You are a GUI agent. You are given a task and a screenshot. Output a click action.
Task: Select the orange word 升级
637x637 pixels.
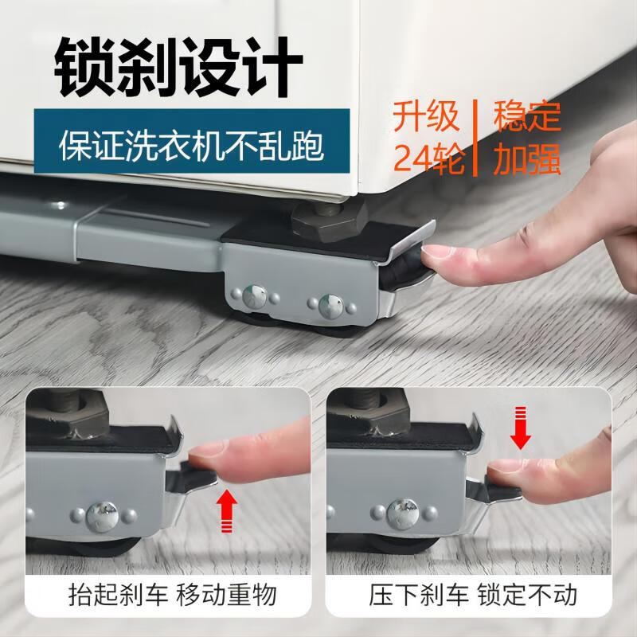point(427,117)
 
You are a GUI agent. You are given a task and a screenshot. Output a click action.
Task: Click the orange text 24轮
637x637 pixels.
point(427,158)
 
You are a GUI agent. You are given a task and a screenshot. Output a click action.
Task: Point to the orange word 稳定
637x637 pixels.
point(527,117)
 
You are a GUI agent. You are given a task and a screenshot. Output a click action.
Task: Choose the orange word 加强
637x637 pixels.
point(527,158)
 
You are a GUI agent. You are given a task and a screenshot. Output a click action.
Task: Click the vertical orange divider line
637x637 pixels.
point(477,137)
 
